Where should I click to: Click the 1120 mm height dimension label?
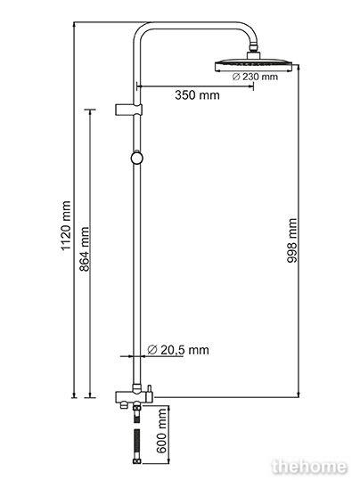pyautogui.click(x=66, y=225)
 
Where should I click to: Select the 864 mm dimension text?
pyautogui.click(x=84, y=249)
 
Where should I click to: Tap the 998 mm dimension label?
pyautogui.click(x=291, y=240)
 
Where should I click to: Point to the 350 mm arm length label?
pyautogui.click(x=197, y=95)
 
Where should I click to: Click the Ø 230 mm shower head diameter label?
pyautogui.click(x=255, y=77)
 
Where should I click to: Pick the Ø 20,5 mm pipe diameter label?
pyautogui.click(x=178, y=350)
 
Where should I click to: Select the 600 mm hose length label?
pyautogui.click(x=161, y=431)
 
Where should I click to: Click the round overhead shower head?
pyautogui.click(x=253, y=65)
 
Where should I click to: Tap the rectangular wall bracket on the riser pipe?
pyautogui.click(x=128, y=110)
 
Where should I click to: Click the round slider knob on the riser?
pyautogui.click(x=136, y=158)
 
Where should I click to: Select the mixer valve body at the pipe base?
pyautogui.click(x=134, y=396)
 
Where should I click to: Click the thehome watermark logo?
pyautogui.click(x=309, y=467)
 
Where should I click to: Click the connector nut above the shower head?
pyautogui.click(x=253, y=52)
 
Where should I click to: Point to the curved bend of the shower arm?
pyautogui.click(x=143, y=31)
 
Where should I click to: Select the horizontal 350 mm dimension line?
pyautogui.click(x=195, y=86)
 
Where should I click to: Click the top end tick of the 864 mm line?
pyautogui.click(x=90, y=110)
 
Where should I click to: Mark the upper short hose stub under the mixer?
pyautogui.click(x=136, y=412)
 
